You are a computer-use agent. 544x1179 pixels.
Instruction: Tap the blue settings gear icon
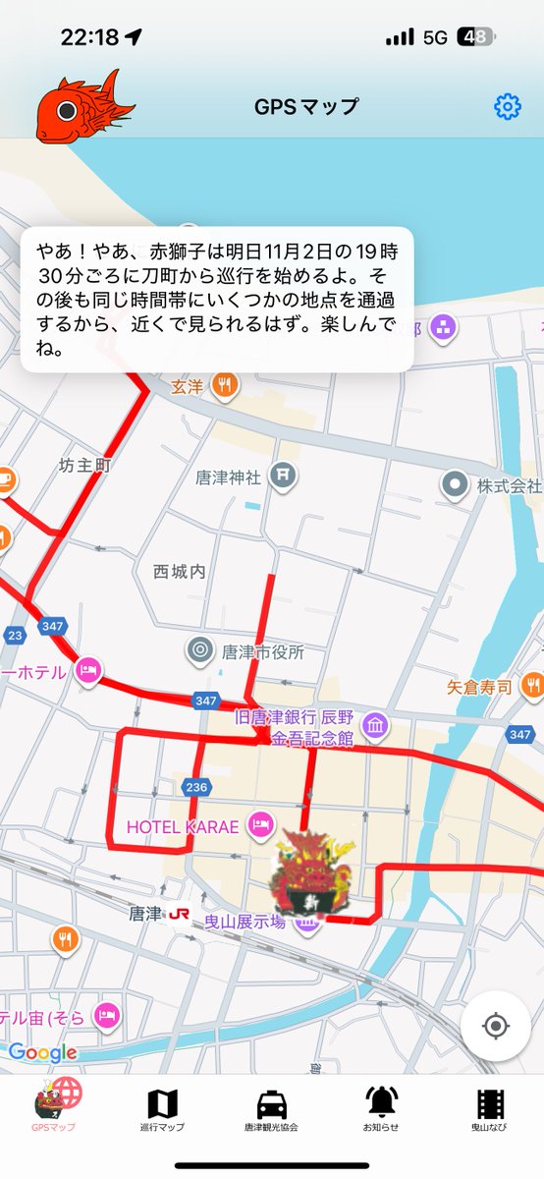click(x=507, y=106)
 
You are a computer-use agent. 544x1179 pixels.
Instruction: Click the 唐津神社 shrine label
click(x=228, y=477)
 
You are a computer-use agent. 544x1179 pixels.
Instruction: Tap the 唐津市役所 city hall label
click(x=262, y=650)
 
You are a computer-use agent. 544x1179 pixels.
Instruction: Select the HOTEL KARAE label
click(x=183, y=826)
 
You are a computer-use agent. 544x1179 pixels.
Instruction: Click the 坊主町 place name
click(x=83, y=465)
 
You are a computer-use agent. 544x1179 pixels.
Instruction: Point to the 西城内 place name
click(x=179, y=571)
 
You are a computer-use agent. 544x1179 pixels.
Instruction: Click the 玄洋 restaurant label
click(x=187, y=386)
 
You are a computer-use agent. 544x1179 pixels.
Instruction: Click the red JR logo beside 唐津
click(x=180, y=914)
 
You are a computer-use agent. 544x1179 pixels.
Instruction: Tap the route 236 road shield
click(x=195, y=787)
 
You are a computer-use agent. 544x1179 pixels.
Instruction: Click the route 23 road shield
click(x=15, y=635)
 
